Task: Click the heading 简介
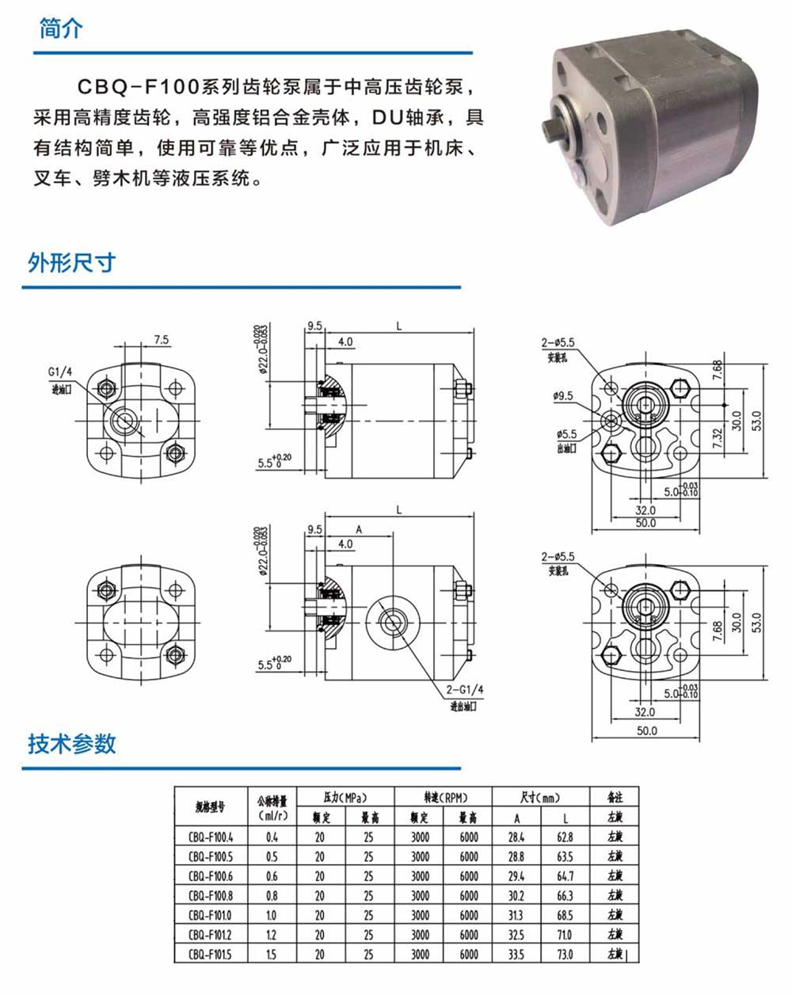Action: coord(61,29)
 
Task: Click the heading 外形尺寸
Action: coord(72,262)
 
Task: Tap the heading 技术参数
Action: coord(72,743)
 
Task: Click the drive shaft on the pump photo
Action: coord(552,128)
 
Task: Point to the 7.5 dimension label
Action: coord(162,340)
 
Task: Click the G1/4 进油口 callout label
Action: coord(60,379)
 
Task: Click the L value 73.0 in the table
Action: coord(565,955)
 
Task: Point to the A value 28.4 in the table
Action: coord(516,837)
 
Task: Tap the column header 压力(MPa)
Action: coord(345,797)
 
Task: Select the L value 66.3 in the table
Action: coord(565,896)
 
